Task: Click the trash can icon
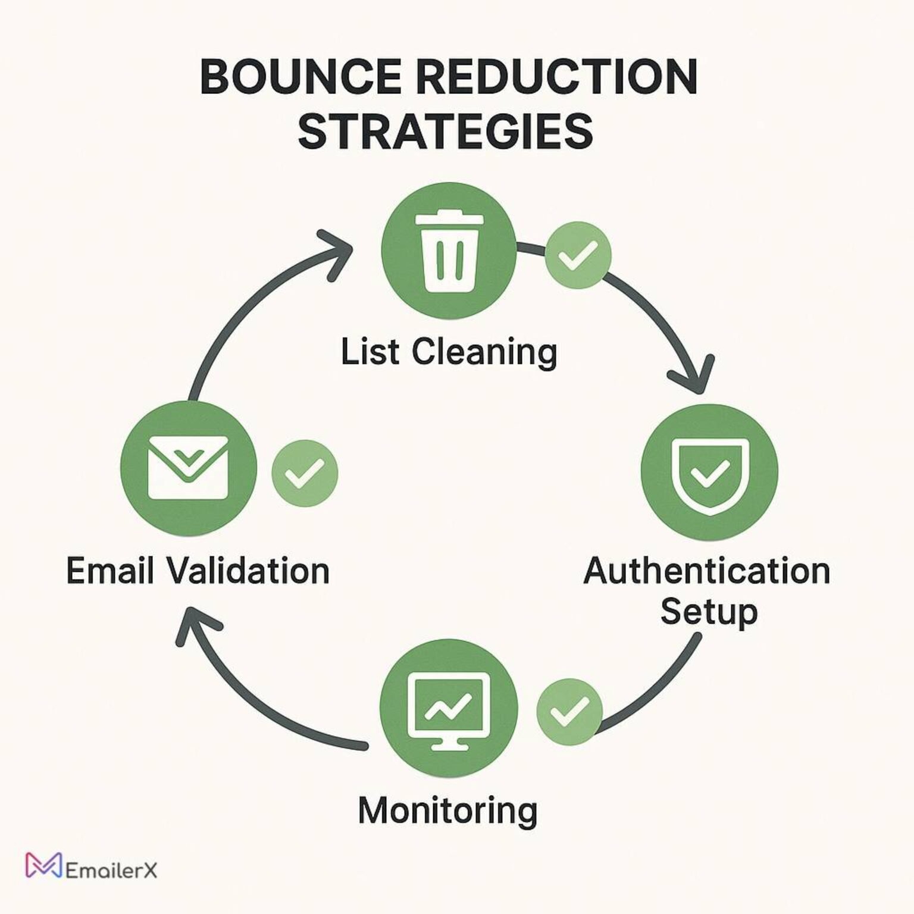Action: pos(449,251)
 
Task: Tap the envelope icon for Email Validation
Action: pos(188,468)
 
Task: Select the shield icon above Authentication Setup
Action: pos(709,472)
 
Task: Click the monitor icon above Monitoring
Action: pos(448,708)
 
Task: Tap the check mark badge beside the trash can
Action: pos(578,255)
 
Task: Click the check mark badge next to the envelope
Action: pos(305,473)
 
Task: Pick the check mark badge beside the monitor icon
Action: pos(569,711)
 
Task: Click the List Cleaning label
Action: pos(449,352)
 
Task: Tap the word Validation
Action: pos(248,571)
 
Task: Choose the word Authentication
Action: pos(706,571)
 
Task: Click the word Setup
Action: pos(709,612)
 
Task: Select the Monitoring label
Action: pos(447,810)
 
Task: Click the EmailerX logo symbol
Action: pos(43,866)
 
